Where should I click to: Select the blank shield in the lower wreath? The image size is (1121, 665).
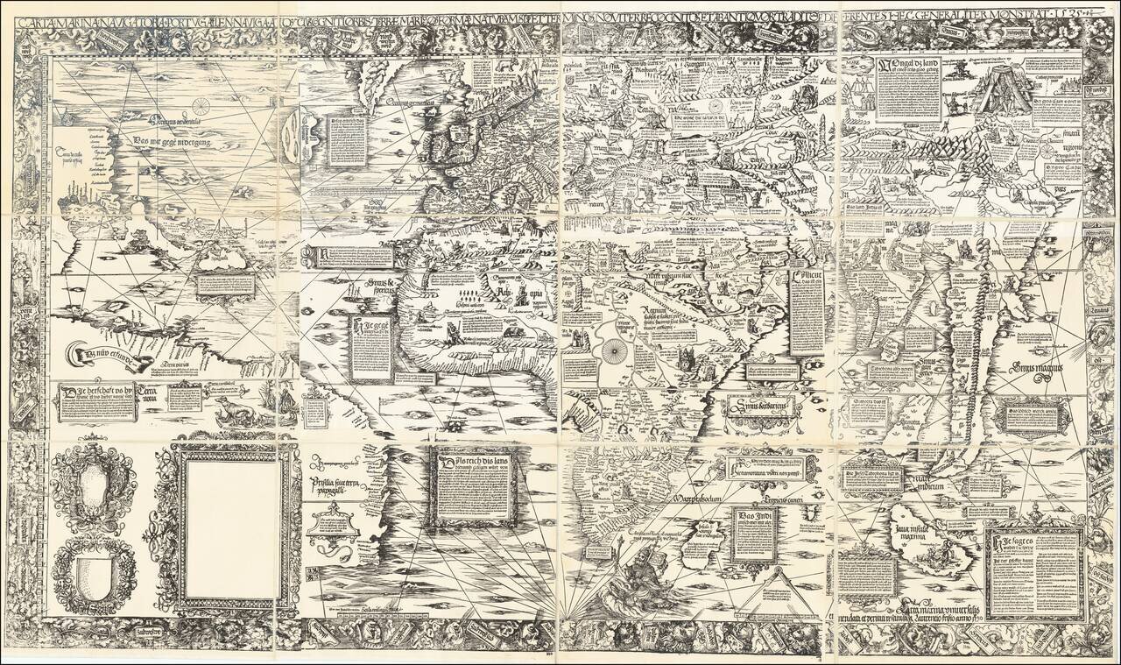coord(91,574)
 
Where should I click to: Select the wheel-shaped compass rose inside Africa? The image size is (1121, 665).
coord(610,351)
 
